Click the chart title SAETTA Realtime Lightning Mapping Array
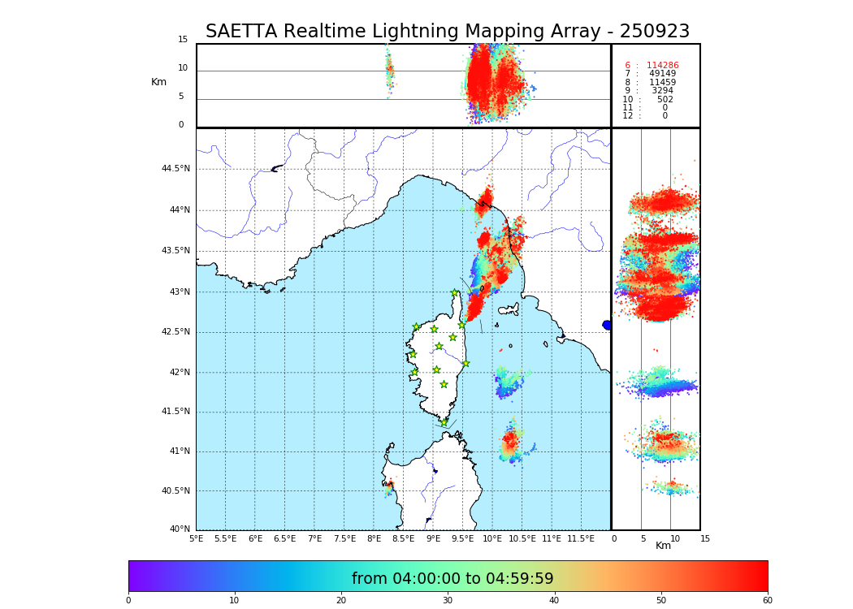pos(447,32)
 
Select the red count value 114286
pos(662,66)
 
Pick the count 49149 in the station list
pos(662,74)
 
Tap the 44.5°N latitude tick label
pos(175,169)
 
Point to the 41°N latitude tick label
pos(179,451)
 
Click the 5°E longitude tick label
pos(197,538)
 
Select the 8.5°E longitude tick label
pos(403,538)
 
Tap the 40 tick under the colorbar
pos(554,600)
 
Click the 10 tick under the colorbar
pos(234,600)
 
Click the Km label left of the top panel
pos(158,82)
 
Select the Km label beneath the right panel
pos(663,546)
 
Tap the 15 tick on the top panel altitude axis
pos(183,40)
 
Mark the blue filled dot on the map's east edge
pos(607,325)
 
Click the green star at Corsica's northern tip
pos(455,293)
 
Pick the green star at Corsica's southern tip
pos(444,422)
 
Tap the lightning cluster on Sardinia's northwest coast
pos(389,486)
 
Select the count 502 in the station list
pos(665,100)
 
